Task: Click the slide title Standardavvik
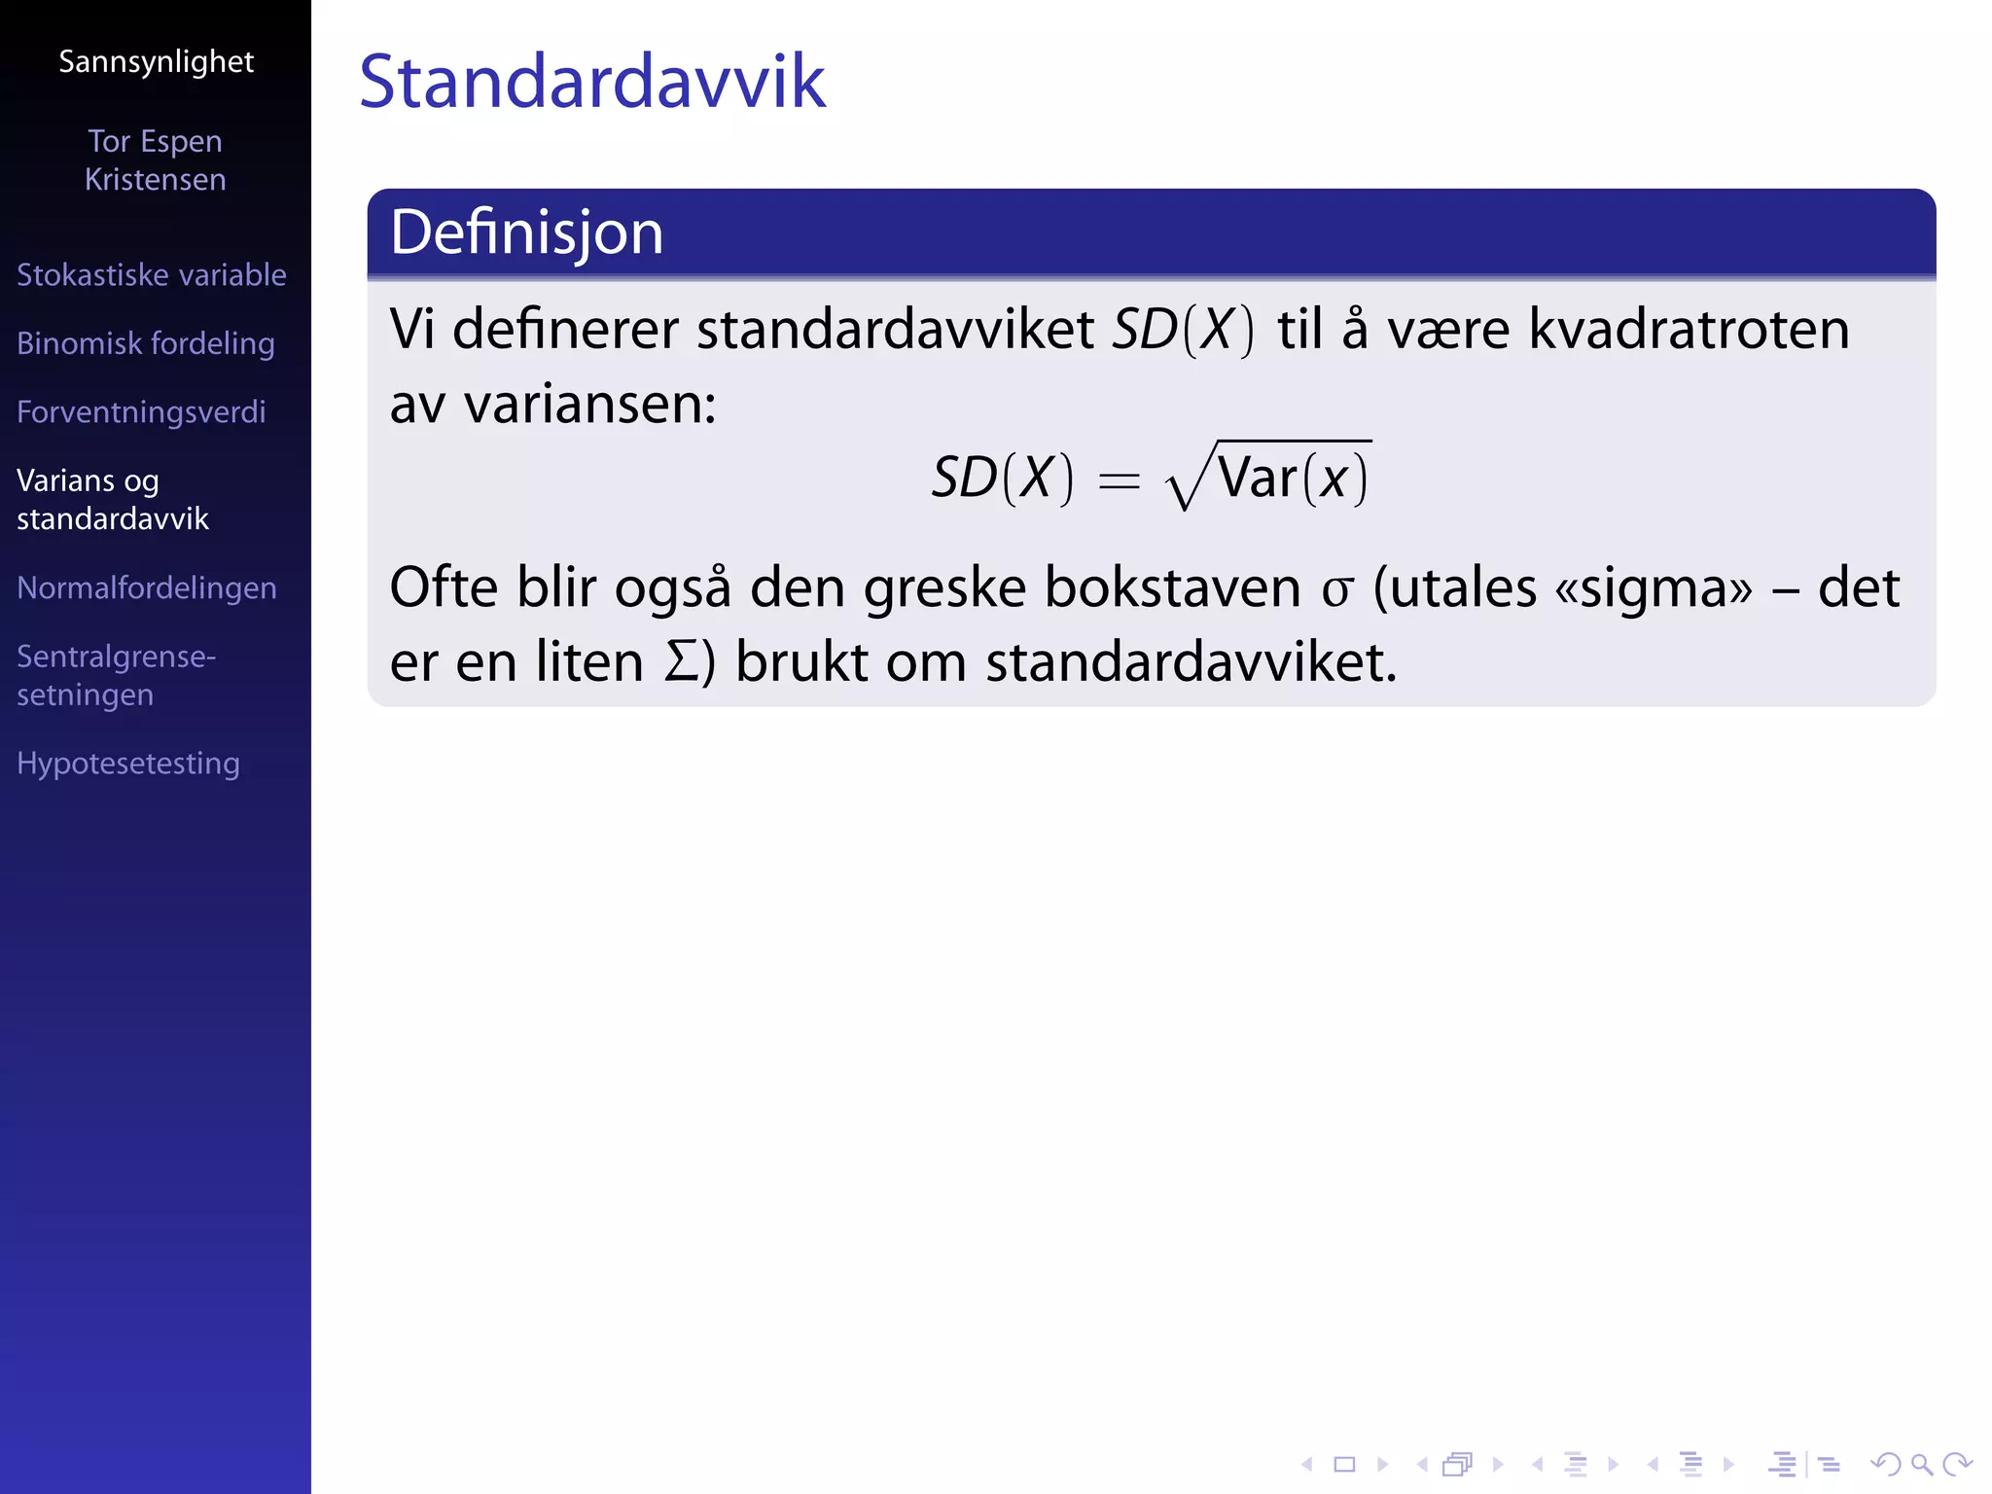tap(591, 82)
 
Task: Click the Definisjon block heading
tap(526, 233)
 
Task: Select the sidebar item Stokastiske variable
tap(151, 275)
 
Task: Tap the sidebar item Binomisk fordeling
tap(145, 343)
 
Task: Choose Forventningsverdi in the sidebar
tap(141, 412)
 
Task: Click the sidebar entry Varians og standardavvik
tap(112, 499)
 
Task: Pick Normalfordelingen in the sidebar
tap(146, 587)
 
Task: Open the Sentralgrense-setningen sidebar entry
tap(116, 675)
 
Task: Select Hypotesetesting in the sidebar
tap(127, 764)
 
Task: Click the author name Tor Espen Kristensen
tap(155, 160)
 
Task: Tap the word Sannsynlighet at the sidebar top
tap(156, 62)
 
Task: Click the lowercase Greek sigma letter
tap(1337, 590)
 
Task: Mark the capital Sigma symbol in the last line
tap(681, 662)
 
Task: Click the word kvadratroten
tap(1688, 330)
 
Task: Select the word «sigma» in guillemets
tap(1653, 589)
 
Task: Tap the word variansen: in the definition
tap(589, 405)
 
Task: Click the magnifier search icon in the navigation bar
tap(1921, 1464)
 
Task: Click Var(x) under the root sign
tap(1292, 479)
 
